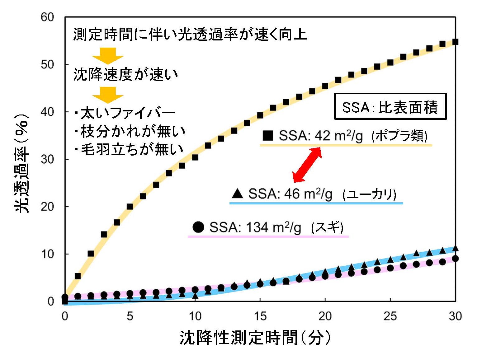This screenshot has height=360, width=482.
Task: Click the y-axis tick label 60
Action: (x=47, y=17)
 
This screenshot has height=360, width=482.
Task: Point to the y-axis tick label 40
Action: (x=47, y=112)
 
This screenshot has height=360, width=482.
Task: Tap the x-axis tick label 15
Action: (x=260, y=316)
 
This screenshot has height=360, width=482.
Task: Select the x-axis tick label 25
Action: (x=390, y=316)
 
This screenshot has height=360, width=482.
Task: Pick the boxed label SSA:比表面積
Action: (x=390, y=107)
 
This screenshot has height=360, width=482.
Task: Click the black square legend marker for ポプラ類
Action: (x=268, y=136)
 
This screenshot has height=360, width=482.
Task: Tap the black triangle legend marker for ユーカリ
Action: (x=238, y=194)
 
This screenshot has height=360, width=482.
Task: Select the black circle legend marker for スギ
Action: (x=198, y=227)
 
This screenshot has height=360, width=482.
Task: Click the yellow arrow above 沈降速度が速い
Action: (x=108, y=56)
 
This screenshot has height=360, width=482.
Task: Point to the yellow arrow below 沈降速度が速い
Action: (x=108, y=95)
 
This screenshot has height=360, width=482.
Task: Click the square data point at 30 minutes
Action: (x=455, y=42)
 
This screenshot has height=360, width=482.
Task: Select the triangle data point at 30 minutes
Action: (x=455, y=248)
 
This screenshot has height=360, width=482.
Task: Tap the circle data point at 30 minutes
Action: (x=455, y=259)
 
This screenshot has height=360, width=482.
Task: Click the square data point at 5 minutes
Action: (x=130, y=207)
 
